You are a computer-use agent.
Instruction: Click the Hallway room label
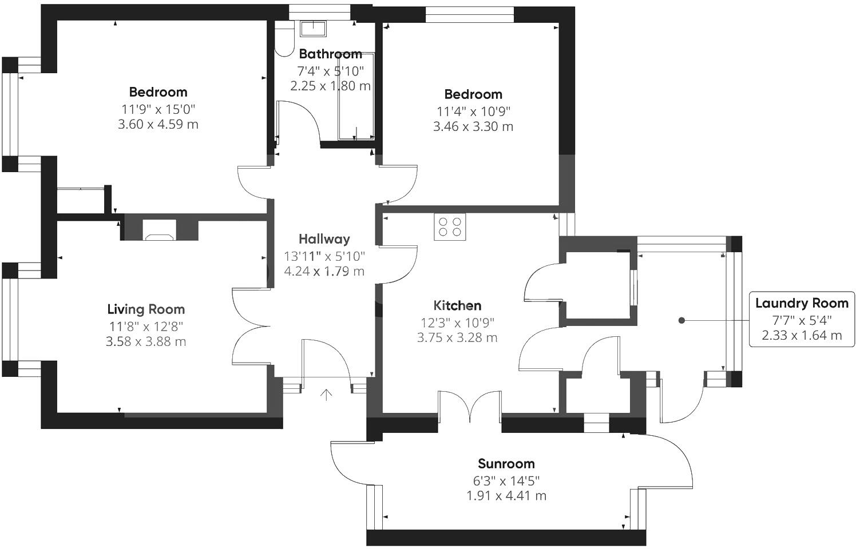click(x=324, y=239)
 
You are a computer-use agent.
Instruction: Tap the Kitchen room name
click(x=457, y=305)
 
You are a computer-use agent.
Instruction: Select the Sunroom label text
click(x=506, y=464)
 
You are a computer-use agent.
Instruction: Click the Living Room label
click(x=146, y=309)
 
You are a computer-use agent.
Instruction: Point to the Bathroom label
click(x=330, y=54)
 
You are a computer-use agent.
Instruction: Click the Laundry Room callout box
click(x=802, y=319)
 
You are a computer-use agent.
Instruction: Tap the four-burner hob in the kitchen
click(x=450, y=226)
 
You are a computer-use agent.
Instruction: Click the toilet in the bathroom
click(x=283, y=40)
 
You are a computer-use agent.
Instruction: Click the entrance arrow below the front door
click(x=326, y=395)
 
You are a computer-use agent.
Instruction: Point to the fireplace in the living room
click(x=160, y=230)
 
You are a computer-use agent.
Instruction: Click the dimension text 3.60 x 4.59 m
click(x=158, y=124)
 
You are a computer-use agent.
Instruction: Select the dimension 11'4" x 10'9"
click(x=473, y=111)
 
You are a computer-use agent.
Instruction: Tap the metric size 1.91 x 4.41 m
click(x=506, y=496)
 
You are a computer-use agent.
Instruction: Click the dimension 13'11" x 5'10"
click(x=324, y=256)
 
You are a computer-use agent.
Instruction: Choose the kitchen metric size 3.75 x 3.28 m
click(x=457, y=337)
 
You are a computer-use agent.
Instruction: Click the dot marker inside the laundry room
click(x=681, y=320)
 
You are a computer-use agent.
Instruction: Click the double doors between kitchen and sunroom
click(x=470, y=406)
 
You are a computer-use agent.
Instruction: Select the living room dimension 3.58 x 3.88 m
click(x=146, y=341)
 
